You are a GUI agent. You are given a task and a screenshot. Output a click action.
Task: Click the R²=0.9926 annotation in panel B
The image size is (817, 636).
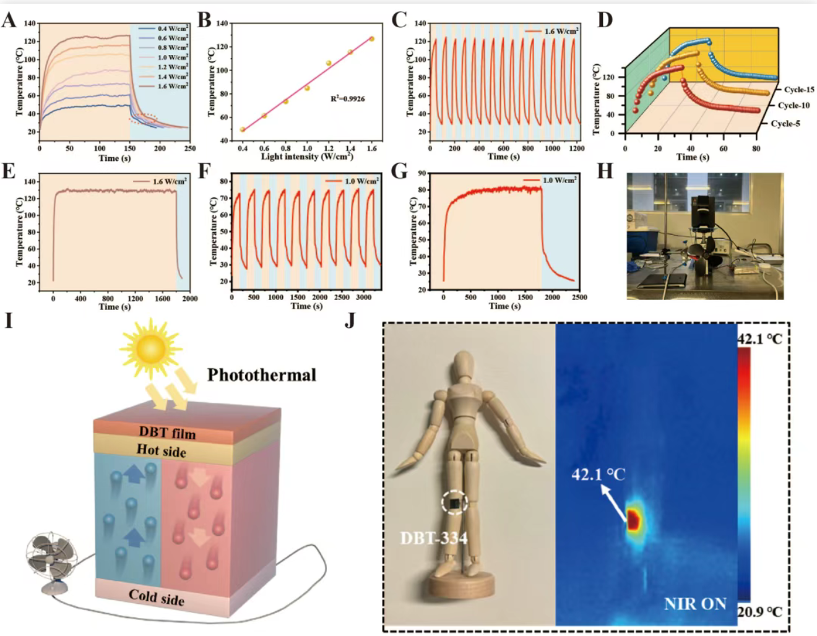click(x=347, y=98)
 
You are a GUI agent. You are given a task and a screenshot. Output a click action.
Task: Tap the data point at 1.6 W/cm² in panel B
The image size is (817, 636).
click(x=372, y=39)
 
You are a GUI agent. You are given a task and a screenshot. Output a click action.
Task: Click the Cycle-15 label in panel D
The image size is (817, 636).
click(x=799, y=90)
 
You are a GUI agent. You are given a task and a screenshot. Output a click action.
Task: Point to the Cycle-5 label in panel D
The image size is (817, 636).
click(x=785, y=124)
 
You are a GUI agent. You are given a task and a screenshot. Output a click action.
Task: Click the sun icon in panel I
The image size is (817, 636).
click(x=152, y=349)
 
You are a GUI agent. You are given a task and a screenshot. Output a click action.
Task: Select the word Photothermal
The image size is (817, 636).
click(x=261, y=375)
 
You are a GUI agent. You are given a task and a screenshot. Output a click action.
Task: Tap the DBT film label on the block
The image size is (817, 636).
click(x=167, y=432)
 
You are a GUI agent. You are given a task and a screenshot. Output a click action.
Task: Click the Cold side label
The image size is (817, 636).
click(x=157, y=597)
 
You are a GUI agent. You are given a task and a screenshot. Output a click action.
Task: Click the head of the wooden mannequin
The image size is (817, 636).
click(x=462, y=365)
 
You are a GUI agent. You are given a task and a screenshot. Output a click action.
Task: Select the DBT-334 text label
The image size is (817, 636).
click(x=433, y=538)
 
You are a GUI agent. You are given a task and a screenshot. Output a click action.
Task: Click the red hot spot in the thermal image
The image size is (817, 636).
click(x=633, y=520)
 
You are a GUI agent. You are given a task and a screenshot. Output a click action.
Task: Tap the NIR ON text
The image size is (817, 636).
click(x=695, y=604)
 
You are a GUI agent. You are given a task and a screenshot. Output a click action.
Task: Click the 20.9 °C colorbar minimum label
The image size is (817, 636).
click(x=759, y=612)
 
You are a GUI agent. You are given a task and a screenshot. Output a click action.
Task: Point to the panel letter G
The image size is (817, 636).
click(x=400, y=171)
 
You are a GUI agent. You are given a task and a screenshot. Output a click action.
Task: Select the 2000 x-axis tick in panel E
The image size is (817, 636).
click(x=189, y=299)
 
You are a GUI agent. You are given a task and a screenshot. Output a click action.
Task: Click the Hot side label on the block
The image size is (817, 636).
click(x=162, y=450)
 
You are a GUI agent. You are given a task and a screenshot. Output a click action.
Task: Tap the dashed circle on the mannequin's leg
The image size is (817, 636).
click(x=454, y=503)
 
